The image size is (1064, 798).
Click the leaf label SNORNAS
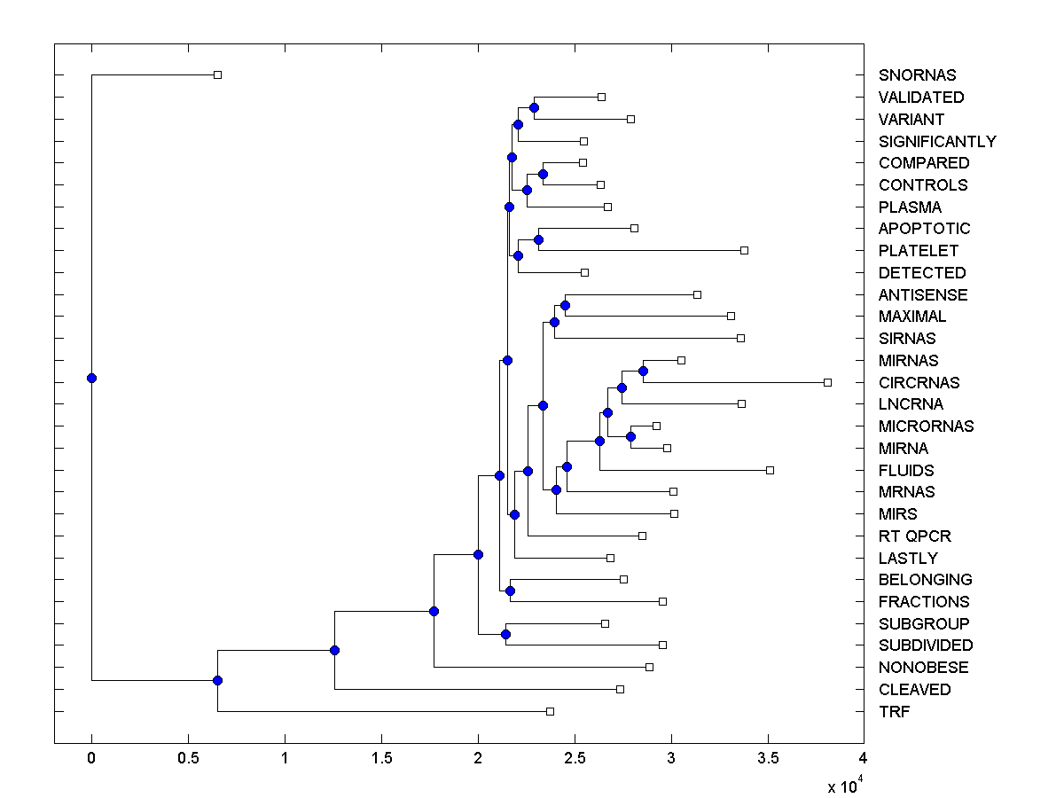[x=917, y=75]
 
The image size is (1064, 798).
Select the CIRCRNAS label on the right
[x=919, y=383]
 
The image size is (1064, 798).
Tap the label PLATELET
[x=918, y=251]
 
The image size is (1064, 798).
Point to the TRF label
[x=894, y=711]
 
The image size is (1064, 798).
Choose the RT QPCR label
[x=914, y=536]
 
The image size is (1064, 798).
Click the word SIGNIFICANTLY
[x=937, y=142]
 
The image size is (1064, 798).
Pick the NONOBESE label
[x=923, y=668]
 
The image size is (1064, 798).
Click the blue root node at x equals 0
[x=91, y=378]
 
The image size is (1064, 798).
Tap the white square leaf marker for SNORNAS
[x=217, y=75]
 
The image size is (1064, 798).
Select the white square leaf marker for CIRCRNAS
[x=827, y=382]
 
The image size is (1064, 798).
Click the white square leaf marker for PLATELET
[x=744, y=251]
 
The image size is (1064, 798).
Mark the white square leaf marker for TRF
[x=550, y=711]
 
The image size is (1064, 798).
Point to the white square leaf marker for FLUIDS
[x=770, y=470]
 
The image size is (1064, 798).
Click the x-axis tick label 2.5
[x=575, y=758]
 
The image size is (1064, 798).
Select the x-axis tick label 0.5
[x=188, y=758]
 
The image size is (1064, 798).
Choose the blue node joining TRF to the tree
[x=217, y=680]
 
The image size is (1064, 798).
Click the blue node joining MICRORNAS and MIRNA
[x=630, y=436]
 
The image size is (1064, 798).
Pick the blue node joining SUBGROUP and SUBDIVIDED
[x=505, y=634]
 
